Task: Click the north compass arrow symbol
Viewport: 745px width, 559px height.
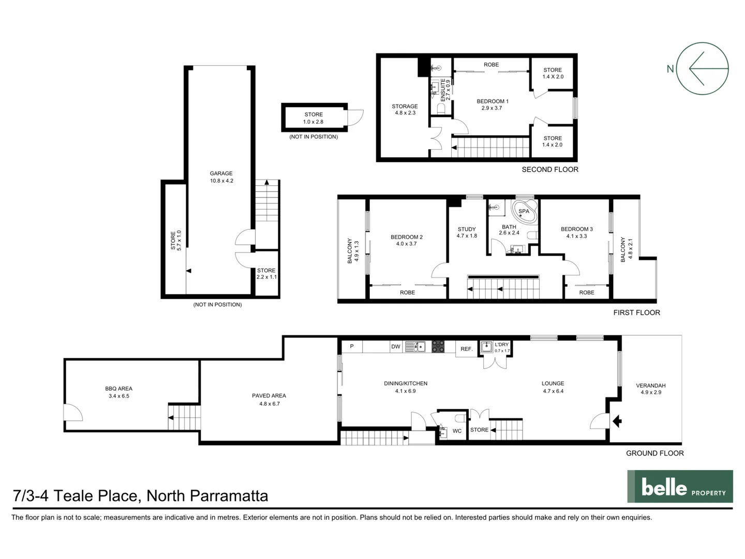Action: pos(702,68)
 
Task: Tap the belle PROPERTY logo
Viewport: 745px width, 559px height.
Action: pos(680,487)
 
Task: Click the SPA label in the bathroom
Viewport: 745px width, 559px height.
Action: pos(524,211)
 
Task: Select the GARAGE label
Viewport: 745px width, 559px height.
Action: pos(221,174)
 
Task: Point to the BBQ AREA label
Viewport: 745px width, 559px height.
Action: pos(118,389)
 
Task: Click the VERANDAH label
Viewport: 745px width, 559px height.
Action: pos(650,386)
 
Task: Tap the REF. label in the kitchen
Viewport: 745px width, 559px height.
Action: pos(467,349)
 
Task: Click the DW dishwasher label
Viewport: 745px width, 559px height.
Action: pos(395,347)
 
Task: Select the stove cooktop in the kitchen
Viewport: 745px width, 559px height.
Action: pos(438,346)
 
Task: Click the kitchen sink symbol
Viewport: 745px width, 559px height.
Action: pos(415,346)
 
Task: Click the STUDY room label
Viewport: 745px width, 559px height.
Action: pos(467,229)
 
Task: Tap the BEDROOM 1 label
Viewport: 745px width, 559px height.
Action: pos(492,101)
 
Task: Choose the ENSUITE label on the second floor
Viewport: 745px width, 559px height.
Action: pos(443,89)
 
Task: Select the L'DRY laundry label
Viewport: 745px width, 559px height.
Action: pos(501,345)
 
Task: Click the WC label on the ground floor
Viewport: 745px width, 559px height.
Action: pos(457,431)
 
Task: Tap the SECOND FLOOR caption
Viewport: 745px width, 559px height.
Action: pos(549,169)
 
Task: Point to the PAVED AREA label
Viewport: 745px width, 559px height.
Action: pos(269,396)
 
